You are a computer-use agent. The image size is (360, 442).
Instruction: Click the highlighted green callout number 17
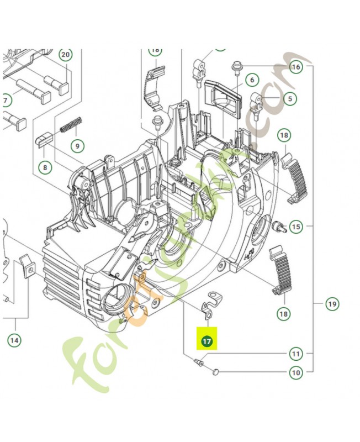pyautogui.click(x=207, y=341)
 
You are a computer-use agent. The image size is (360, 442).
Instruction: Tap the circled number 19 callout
pyautogui.click(x=331, y=303)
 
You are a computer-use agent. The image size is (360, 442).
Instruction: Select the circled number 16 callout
pyautogui.click(x=296, y=67)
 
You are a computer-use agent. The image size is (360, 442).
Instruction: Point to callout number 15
pyautogui.click(x=296, y=227)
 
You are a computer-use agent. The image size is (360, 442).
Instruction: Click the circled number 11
pyautogui.click(x=296, y=354)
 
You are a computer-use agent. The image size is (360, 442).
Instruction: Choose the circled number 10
pyautogui.click(x=296, y=372)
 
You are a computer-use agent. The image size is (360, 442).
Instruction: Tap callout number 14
pyautogui.click(x=15, y=340)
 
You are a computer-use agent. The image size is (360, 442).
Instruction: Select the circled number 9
pyautogui.click(x=77, y=146)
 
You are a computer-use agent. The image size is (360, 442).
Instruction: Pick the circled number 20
pyautogui.click(x=66, y=55)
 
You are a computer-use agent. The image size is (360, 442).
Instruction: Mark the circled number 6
pyautogui.click(x=252, y=80)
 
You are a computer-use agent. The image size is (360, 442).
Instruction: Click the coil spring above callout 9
pyautogui.click(x=72, y=125)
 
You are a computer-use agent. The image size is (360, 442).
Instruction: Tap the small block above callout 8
pyautogui.click(x=44, y=139)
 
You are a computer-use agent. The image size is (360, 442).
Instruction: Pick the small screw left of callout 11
pyautogui.click(x=199, y=363)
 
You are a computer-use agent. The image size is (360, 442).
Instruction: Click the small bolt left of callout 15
pyautogui.click(x=278, y=225)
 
